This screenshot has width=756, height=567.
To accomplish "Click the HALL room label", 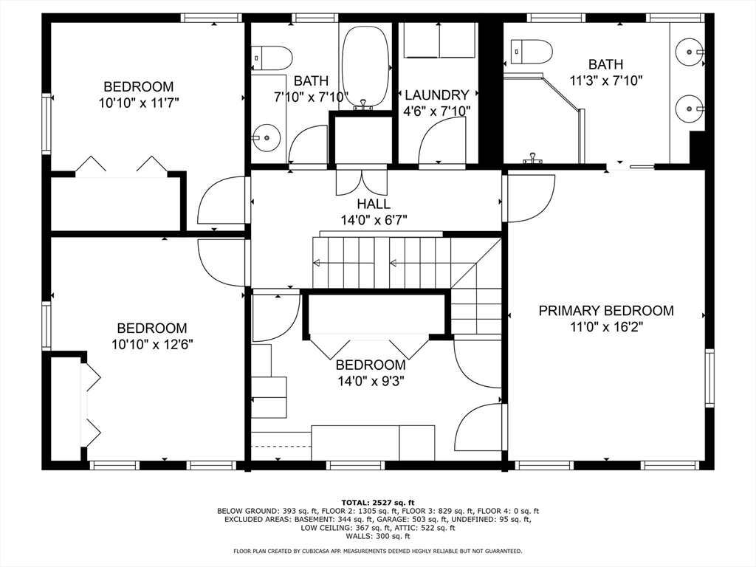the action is click(x=374, y=204).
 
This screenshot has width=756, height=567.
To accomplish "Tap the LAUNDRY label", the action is click(x=437, y=94).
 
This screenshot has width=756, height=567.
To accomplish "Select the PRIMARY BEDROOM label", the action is click(x=606, y=311).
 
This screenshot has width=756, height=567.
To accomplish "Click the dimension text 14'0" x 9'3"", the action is click(x=371, y=382).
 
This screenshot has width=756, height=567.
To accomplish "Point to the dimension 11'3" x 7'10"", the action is click(x=606, y=80).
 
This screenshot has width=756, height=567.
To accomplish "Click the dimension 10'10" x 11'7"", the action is click(x=139, y=103).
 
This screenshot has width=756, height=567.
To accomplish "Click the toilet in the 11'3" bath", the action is click(x=531, y=52).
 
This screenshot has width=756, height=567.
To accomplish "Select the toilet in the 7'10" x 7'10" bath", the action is click(x=272, y=58).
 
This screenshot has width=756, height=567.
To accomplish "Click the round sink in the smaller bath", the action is click(x=267, y=137).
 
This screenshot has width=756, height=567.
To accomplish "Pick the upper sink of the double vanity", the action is click(x=690, y=51).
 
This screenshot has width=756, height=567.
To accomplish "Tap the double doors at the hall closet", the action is click(x=361, y=181).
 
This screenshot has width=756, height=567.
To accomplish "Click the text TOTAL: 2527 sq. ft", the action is click(x=378, y=502).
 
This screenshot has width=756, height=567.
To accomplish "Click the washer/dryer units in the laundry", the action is click(x=439, y=40).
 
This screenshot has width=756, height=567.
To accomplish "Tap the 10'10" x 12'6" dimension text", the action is click(x=152, y=345).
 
